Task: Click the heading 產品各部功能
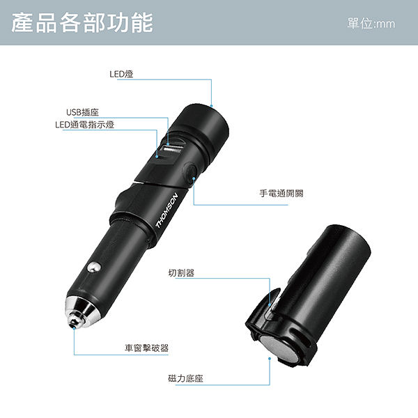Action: pyautogui.click(x=82, y=23)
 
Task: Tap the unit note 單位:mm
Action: pyautogui.click(x=371, y=24)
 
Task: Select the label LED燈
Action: pyautogui.click(x=121, y=74)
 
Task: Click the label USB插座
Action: pyautogui.click(x=82, y=112)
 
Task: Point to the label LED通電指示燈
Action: pyautogui.click(x=85, y=125)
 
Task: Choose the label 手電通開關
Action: pyautogui.click(x=281, y=193)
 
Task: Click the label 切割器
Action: pyautogui.click(x=181, y=272)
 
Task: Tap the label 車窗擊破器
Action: pyautogui.click(x=146, y=348)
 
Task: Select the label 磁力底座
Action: pyautogui.click(x=185, y=378)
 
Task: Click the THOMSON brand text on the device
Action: pyautogui.click(x=167, y=210)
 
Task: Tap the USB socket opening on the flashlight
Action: pyautogui.click(x=173, y=148)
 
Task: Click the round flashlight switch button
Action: pyautogui.click(x=189, y=173)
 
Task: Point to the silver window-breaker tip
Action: pyautogui.click(x=79, y=311)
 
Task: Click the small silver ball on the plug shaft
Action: pyautogui.click(x=94, y=268)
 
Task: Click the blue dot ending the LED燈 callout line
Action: pyautogui.click(x=211, y=106)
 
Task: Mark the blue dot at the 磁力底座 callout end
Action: pyautogui.click(x=270, y=359)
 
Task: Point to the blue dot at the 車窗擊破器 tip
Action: pyautogui.click(x=74, y=328)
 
